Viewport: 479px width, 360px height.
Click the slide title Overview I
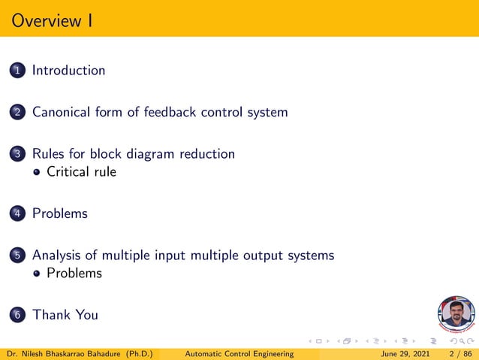(53, 20)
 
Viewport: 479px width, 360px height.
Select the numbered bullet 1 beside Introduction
(17, 71)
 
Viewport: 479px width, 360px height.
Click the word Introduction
(68, 71)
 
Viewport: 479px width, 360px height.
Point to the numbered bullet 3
(17, 154)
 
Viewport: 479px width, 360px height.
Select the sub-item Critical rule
(81, 171)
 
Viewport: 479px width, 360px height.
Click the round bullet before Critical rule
(37, 172)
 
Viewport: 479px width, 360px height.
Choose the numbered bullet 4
(17, 214)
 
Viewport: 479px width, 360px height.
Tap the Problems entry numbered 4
(59, 214)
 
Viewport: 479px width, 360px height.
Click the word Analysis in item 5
(57, 256)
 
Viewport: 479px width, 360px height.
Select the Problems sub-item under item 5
(74, 273)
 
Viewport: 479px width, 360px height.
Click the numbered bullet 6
(17, 316)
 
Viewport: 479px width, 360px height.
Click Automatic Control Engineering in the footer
(239, 353)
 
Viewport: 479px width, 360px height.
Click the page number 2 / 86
(460, 353)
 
